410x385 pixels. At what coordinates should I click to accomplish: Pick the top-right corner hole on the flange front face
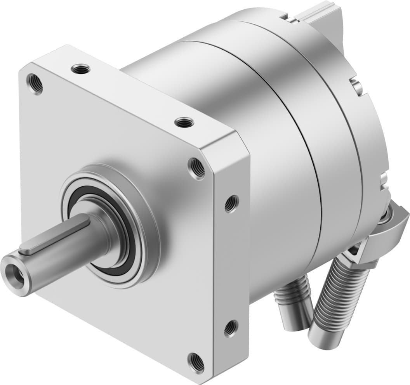tap(196, 168)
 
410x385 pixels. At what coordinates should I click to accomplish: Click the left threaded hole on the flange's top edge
tap(81, 69)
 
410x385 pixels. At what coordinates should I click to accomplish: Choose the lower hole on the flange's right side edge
tap(231, 328)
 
